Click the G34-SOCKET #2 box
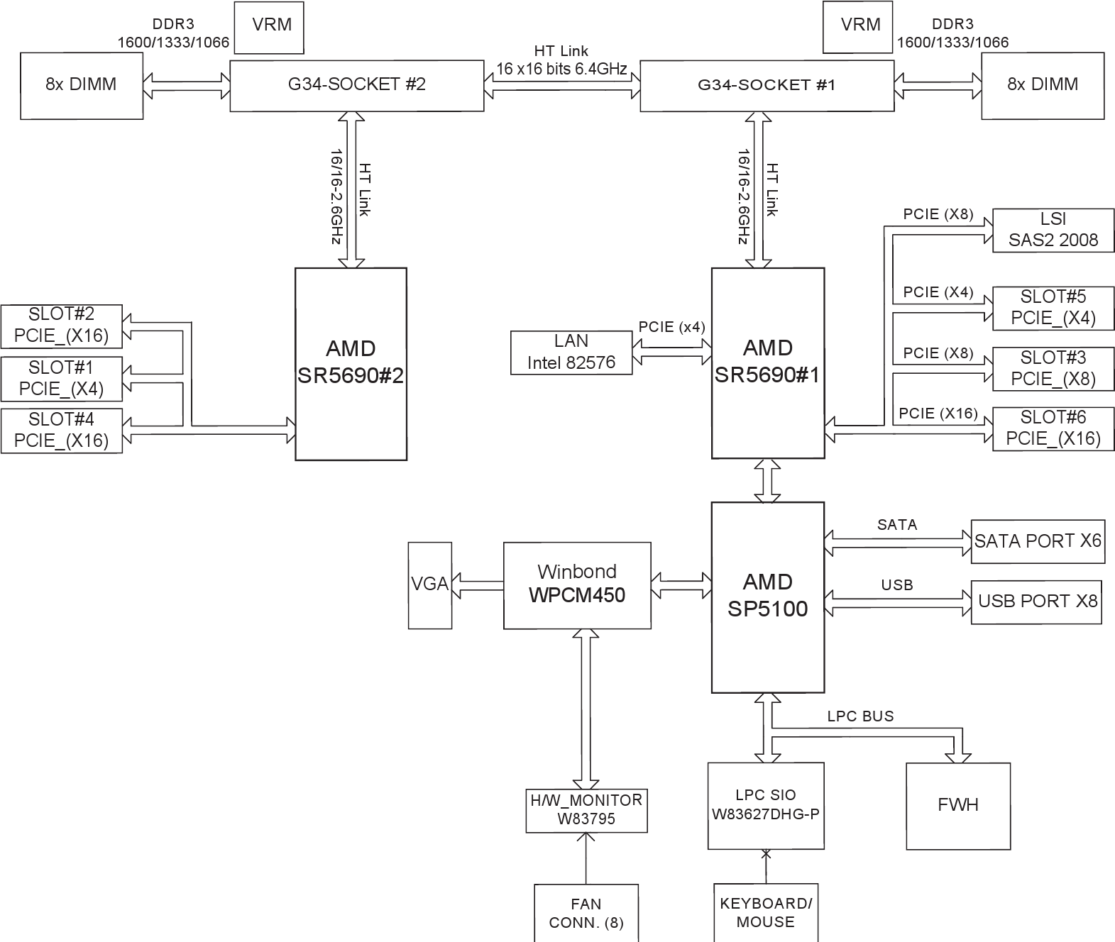tap(356, 85)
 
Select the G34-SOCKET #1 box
tap(767, 86)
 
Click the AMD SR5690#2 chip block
tap(351, 363)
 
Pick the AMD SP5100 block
tap(767, 597)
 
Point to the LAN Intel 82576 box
tap(571, 353)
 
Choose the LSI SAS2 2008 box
tap(1053, 230)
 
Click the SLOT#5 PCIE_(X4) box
tap(1053, 308)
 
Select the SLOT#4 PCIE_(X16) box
tap(61, 430)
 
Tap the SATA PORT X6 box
tap(1037, 542)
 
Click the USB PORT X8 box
tap(1036, 602)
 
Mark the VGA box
tap(429, 585)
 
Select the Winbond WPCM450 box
tap(577, 585)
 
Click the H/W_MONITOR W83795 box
tap(586, 810)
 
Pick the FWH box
tap(957, 806)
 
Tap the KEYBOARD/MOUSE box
tap(765, 913)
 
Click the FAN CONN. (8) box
tap(586, 913)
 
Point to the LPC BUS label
tap(860, 716)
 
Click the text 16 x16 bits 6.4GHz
tap(561, 69)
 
